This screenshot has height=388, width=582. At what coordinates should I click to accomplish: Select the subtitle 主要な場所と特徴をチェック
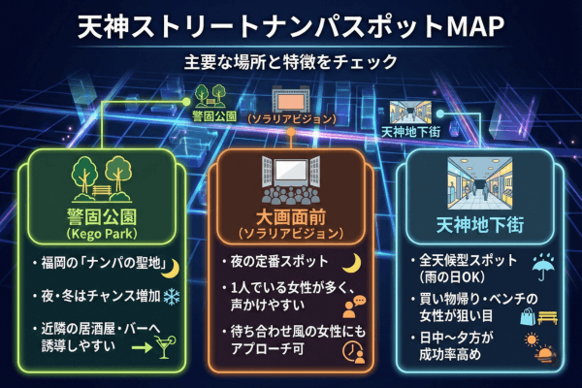(x=291, y=60)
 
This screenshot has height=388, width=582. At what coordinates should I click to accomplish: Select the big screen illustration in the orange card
(x=291, y=175)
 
